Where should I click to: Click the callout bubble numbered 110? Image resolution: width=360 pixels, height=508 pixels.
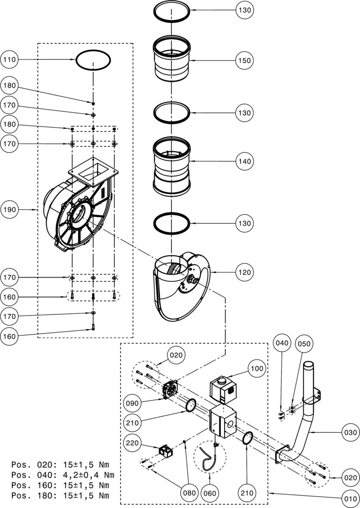[x=10, y=60]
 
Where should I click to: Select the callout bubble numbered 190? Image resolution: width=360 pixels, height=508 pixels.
[x=10, y=209]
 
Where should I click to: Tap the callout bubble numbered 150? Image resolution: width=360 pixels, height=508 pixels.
[x=245, y=61]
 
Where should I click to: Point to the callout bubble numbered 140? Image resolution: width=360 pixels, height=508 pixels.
[x=245, y=161]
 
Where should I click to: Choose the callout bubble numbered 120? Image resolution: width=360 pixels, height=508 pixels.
[x=245, y=272]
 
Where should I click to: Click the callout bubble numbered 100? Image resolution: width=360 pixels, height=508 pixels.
[x=258, y=369]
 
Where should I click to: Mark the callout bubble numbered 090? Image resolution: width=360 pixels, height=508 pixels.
[x=133, y=403]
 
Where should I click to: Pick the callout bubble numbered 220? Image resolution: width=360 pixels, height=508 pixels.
[x=133, y=443]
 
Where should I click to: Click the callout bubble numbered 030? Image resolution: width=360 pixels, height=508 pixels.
[x=350, y=432]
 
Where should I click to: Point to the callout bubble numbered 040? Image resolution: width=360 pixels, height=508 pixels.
[x=282, y=343]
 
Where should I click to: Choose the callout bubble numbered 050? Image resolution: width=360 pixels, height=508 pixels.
[x=304, y=344]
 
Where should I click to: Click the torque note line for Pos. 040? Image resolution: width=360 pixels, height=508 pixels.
[x=63, y=475]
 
